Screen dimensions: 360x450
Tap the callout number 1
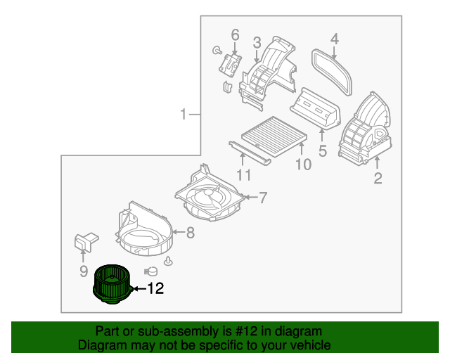pyautogui.click(x=184, y=115)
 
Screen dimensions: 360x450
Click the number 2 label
pyautogui.click(x=378, y=179)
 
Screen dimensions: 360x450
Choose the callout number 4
pyautogui.click(x=335, y=39)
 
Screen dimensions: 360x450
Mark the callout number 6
pyautogui.click(x=235, y=34)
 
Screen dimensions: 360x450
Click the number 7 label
pyautogui.click(x=262, y=198)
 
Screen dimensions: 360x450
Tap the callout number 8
pyautogui.click(x=189, y=232)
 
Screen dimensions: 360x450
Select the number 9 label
pyautogui.click(x=83, y=271)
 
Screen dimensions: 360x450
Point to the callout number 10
pyautogui.click(x=302, y=165)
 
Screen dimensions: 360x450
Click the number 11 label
pyautogui.click(x=243, y=175)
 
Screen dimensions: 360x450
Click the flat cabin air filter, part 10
pyautogui.click(x=271, y=134)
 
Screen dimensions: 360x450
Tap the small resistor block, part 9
pyautogui.click(x=85, y=241)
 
